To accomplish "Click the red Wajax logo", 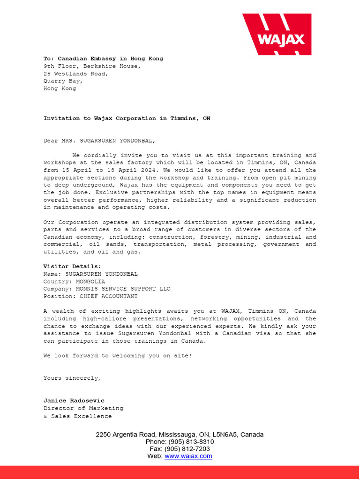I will (x=277, y=34).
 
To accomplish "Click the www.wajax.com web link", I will (x=188, y=456).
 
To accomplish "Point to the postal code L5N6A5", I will (x=225, y=435).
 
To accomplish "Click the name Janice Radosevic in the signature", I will (x=74, y=401).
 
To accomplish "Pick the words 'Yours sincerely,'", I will (x=72, y=378).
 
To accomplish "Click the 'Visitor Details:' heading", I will (x=72, y=266).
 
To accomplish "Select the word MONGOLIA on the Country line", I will (x=88, y=281).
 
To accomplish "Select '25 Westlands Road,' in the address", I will (x=76, y=74).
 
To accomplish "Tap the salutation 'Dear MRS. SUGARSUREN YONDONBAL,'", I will (x=99, y=141).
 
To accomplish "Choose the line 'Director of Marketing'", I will (x=83, y=408).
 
